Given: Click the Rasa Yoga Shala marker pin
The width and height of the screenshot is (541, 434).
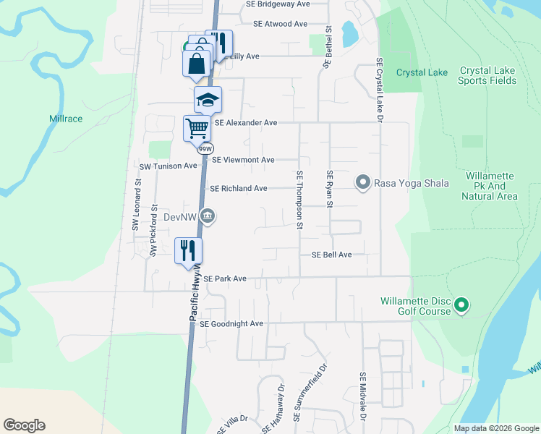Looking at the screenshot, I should point(363,182).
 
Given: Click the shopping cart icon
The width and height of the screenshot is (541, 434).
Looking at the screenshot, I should point(197,129).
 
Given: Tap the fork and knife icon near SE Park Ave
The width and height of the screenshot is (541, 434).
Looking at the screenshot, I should point(189,251).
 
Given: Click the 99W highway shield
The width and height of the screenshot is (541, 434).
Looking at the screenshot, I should point(205,148).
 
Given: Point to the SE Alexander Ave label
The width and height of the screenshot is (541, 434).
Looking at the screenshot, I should point(246,123).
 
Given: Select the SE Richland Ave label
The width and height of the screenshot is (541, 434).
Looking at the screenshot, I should point(239,189).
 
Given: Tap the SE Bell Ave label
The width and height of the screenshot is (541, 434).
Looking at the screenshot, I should point(331,255).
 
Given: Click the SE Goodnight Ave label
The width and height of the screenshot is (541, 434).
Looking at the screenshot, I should point(231,324).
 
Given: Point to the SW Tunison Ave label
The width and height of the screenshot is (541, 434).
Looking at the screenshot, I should point(168,166).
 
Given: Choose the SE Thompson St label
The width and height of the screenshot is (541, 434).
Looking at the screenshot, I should point(299,200).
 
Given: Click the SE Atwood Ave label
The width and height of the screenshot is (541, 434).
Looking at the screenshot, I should point(281,24).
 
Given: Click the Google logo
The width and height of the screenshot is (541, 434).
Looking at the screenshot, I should point(24,425).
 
